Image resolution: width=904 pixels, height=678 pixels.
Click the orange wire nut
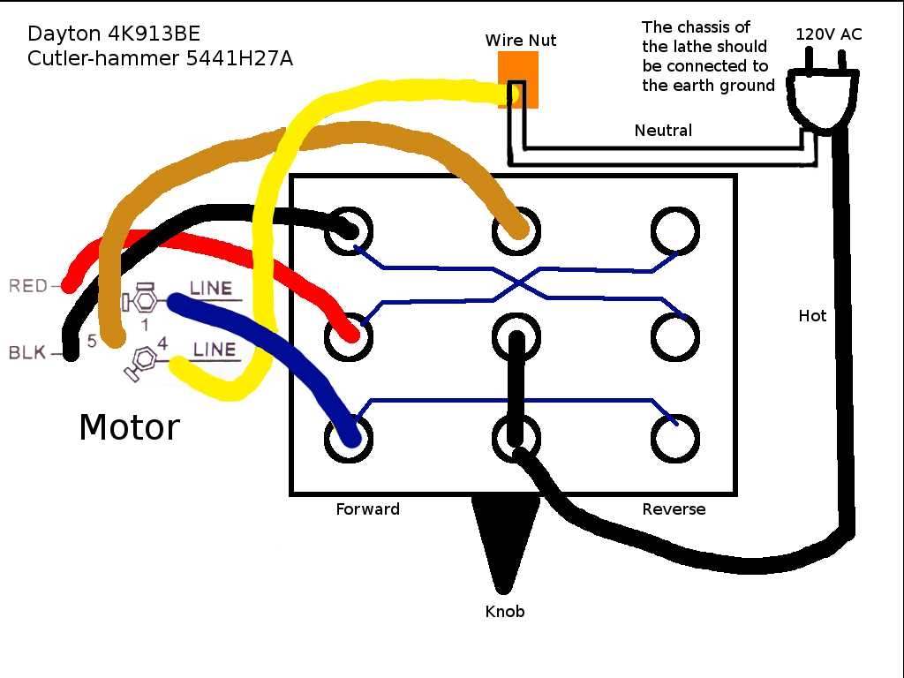coord(517,79)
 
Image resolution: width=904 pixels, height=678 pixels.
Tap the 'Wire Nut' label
coord(521,41)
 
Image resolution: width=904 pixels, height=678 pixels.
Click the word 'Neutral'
coord(663,131)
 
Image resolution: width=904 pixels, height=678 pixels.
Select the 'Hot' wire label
coord(812,315)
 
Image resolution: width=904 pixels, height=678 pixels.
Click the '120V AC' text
coord(829,35)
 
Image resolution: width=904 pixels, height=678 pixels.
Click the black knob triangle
coord(504,539)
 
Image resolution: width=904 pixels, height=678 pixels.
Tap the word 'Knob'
coord(505,611)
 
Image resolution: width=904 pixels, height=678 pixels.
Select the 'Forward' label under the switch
coord(367,509)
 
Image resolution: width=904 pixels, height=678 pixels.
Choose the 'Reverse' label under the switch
coord(674,509)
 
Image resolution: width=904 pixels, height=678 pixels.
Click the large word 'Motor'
coord(129,427)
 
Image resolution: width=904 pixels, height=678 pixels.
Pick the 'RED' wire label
coord(27,286)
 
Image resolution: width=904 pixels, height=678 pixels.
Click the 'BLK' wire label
coord(27,353)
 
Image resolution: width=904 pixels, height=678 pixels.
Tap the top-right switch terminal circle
coord(675,231)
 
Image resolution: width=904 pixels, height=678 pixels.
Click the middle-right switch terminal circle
coord(675,335)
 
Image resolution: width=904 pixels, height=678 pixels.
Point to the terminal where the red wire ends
coord(348,335)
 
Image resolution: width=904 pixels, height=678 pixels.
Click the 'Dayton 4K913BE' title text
coord(114,34)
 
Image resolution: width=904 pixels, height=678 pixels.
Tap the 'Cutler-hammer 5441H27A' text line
coord(160,60)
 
